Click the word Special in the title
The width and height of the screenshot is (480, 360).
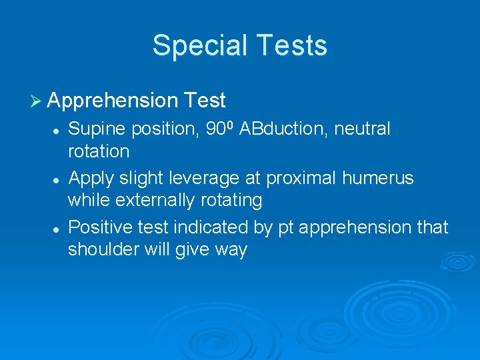tap(196, 45)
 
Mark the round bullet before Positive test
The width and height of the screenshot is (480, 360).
tap(59, 229)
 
